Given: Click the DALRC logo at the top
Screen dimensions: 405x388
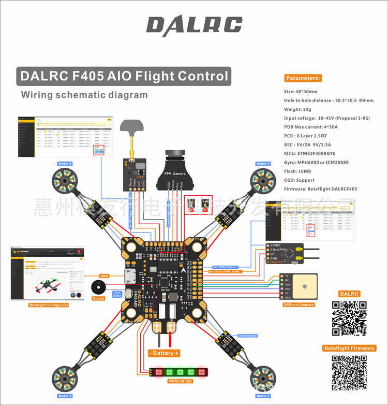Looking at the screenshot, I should pyautogui.click(x=194, y=25).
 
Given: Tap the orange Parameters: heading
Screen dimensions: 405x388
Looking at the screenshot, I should pyautogui.click(x=303, y=78).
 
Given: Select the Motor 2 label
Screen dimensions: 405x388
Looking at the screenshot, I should pyautogui.click(x=263, y=164).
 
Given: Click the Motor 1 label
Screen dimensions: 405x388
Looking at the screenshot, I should pyautogui.click(x=263, y=396).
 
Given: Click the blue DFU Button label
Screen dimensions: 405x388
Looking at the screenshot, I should pyautogui.click(x=117, y=294).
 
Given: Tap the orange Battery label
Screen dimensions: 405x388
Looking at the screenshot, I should pyautogui.click(x=164, y=353).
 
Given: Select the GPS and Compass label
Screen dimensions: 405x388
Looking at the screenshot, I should pyautogui.click(x=299, y=305).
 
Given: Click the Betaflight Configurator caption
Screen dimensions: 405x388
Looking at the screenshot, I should pyautogui.click(x=49, y=305).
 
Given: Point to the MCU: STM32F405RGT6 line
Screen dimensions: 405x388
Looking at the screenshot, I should pyautogui.click(x=309, y=153).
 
